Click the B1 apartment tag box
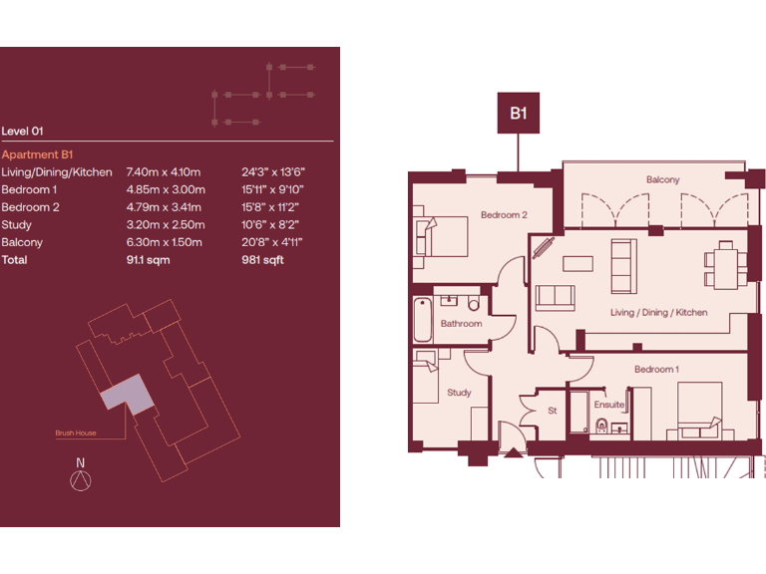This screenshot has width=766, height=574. pyautogui.click(x=519, y=114)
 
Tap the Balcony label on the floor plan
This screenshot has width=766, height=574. pyautogui.click(x=662, y=180)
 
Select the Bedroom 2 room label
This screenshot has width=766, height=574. pyautogui.click(x=504, y=215)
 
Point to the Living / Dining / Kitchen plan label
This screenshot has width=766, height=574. pyautogui.click(x=658, y=313)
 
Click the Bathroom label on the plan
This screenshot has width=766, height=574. pyautogui.click(x=462, y=324)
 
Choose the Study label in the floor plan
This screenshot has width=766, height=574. pyautogui.click(x=459, y=393)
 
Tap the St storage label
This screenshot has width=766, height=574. pyautogui.click(x=552, y=410)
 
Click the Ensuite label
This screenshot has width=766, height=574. pyautogui.click(x=608, y=405)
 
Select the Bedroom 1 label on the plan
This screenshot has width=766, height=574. pyautogui.click(x=656, y=370)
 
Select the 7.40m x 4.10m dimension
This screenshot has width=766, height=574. pyautogui.click(x=164, y=172)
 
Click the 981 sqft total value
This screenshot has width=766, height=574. pyautogui.click(x=262, y=260)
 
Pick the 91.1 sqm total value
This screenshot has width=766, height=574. pyautogui.click(x=149, y=260)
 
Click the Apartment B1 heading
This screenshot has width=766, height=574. pyautogui.click(x=39, y=154)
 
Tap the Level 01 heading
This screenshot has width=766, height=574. pyautogui.click(x=23, y=131)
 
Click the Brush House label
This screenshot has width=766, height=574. pyautogui.click(x=75, y=433)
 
